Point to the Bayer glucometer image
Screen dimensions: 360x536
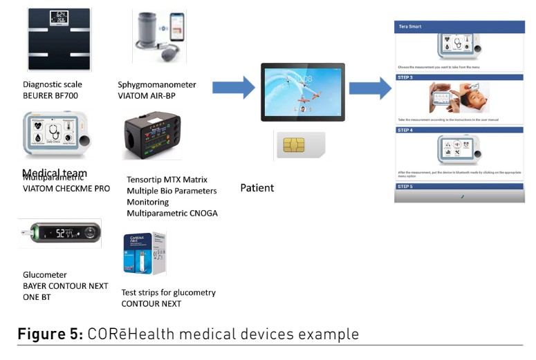[60, 234]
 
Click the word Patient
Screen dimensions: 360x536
[257, 188]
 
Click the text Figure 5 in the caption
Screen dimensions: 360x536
[48, 334]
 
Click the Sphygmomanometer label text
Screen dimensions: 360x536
[156, 85]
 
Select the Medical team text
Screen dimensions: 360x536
[55, 173]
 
